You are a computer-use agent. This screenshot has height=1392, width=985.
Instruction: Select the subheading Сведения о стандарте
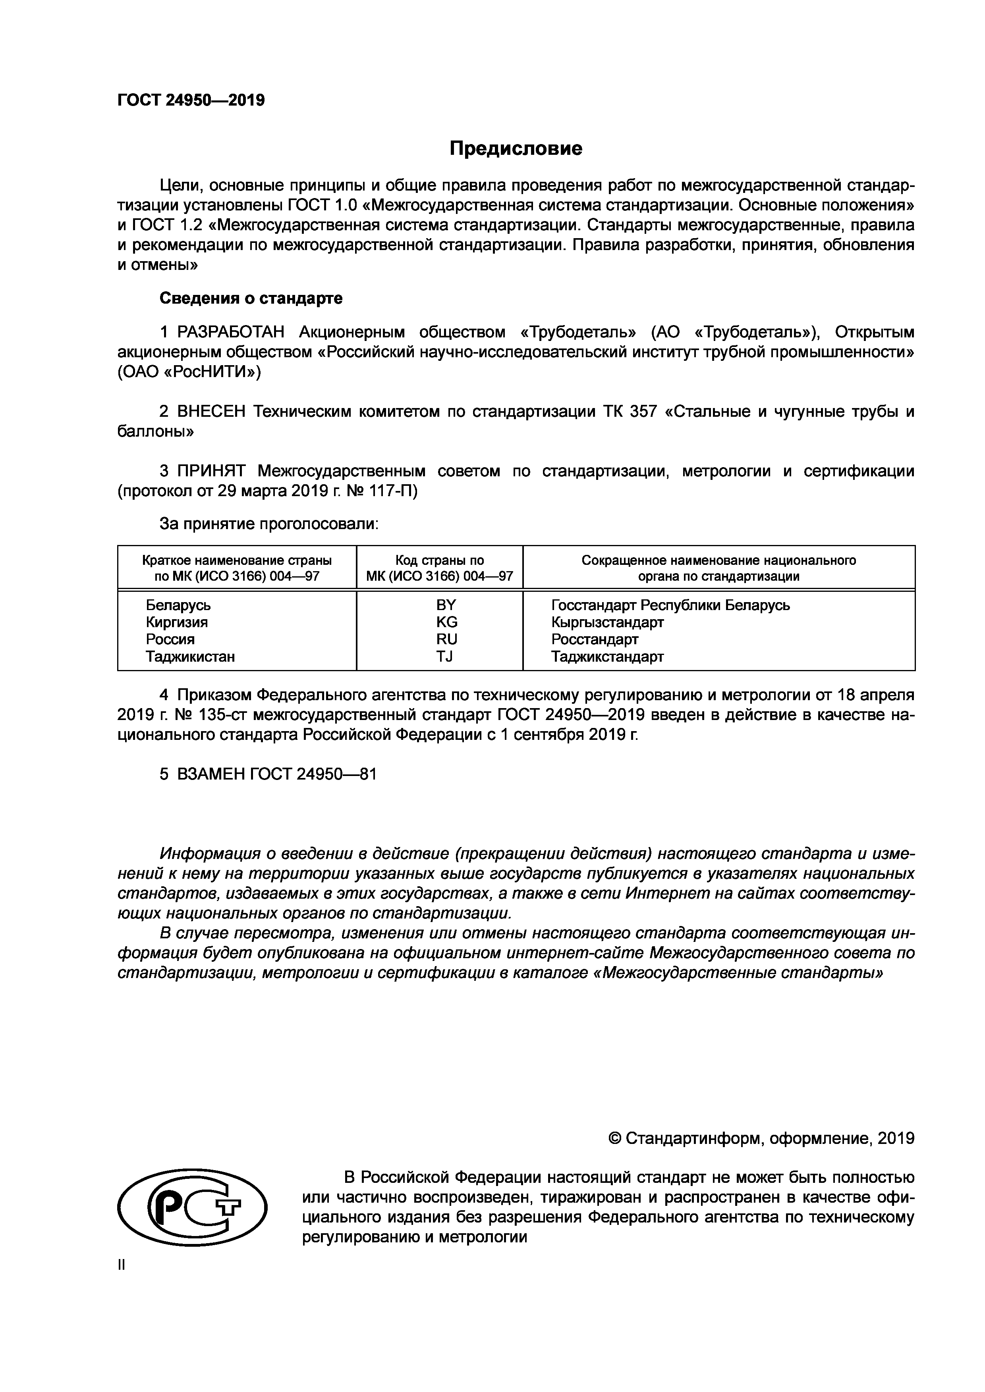click(251, 298)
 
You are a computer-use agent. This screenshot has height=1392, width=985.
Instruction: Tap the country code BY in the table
click(446, 605)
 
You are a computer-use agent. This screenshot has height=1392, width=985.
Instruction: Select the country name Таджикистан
click(190, 657)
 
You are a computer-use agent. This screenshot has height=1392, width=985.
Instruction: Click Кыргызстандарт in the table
click(607, 622)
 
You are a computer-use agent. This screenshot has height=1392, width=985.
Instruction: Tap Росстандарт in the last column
click(595, 639)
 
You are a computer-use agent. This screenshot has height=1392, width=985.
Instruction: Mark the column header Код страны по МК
click(439, 568)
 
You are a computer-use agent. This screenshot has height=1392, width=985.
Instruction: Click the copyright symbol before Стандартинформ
click(615, 1139)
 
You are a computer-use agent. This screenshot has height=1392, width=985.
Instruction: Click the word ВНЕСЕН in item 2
click(211, 412)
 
